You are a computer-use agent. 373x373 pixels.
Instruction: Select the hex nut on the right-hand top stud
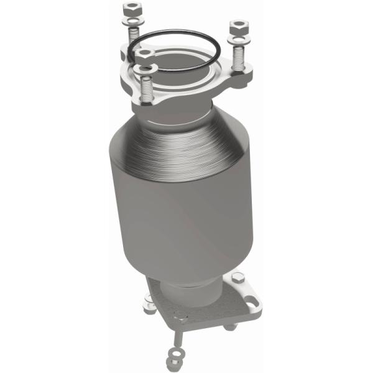click(238, 28)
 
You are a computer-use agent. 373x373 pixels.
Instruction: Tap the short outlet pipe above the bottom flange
click(186, 292)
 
